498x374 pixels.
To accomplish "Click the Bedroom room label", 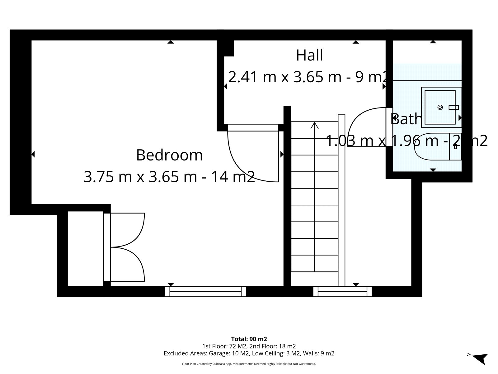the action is click(169, 155).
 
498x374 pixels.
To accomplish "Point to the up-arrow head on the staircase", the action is click(314, 126).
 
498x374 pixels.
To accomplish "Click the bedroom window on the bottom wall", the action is click(205, 292).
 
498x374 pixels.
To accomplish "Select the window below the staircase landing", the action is click(342, 292).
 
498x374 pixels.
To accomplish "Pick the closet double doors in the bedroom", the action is click(124, 247).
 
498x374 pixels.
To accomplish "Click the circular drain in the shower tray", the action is click(440, 108).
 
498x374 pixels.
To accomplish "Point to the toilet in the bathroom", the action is click(438, 147).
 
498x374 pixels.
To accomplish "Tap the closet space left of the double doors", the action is click(86, 249).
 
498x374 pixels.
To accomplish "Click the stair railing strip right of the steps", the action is click(341, 200).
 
